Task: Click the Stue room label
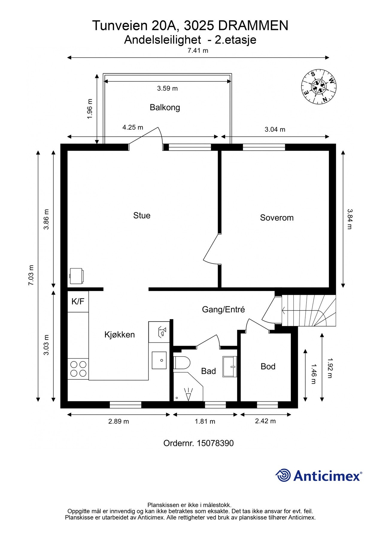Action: (x=142, y=215)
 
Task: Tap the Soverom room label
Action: (x=277, y=217)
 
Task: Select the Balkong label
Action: (x=165, y=107)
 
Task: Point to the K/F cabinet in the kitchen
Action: (x=78, y=301)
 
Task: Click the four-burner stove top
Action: (x=78, y=369)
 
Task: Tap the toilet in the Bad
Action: (x=182, y=363)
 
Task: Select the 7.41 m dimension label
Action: (x=198, y=50)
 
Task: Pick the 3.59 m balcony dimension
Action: (x=167, y=88)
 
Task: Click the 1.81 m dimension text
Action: (x=205, y=421)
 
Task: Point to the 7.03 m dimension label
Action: (x=31, y=275)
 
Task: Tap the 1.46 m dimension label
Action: (x=313, y=374)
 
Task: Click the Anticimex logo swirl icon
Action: (x=283, y=475)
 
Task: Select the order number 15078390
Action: (x=215, y=443)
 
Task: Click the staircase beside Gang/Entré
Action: (x=308, y=311)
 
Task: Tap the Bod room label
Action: (x=268, y=366)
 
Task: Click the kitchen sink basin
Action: (x=159, y=360)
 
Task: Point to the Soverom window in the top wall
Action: (x=264, y=147)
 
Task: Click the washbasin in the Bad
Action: (x=230, y=367)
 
